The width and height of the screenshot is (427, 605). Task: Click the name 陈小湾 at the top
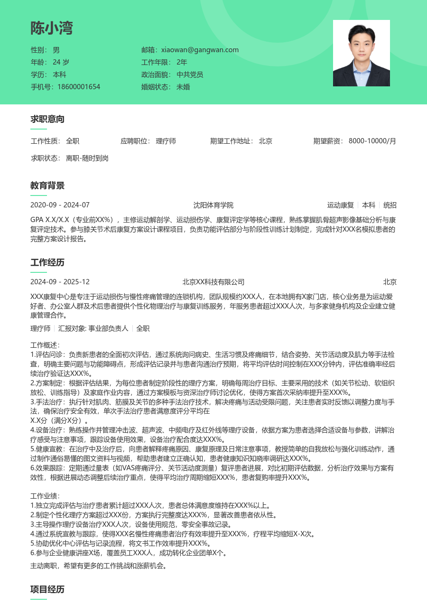click(x=52, y=28)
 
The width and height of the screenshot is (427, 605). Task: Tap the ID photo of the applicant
click(x=361, y=53)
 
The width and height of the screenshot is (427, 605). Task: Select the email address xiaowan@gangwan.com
click(x=200, y=50)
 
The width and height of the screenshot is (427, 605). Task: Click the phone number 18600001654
click(x=79, y=87)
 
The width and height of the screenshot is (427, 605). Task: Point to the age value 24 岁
click(x=61, y=62)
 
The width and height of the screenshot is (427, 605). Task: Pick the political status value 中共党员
click(x=190, y=74)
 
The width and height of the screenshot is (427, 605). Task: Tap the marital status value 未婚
click(x=183, y=87)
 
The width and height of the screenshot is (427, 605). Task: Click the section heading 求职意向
click(x=47, y=119)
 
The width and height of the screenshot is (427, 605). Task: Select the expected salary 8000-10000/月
click(x=372, y=141)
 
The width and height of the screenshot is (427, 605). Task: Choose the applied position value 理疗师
click(x=166, y=141)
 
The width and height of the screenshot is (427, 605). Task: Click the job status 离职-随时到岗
click(x=87, y=158)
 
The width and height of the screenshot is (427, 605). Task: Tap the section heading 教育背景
click(x=47, y=186)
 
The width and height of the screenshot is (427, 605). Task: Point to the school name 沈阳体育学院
click(x=213, y=205)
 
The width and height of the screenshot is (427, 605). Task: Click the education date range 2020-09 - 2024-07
click(x=60, y=205)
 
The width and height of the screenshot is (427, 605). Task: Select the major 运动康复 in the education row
click(x=341, y=205)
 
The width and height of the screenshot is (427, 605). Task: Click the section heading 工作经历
click(x=47, y=263)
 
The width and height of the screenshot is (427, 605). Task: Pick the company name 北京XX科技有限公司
click(x=213, y=282)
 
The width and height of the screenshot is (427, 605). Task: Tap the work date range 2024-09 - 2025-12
click(x=60, y=282)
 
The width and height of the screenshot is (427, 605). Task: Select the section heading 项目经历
click(x=47, y=590)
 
